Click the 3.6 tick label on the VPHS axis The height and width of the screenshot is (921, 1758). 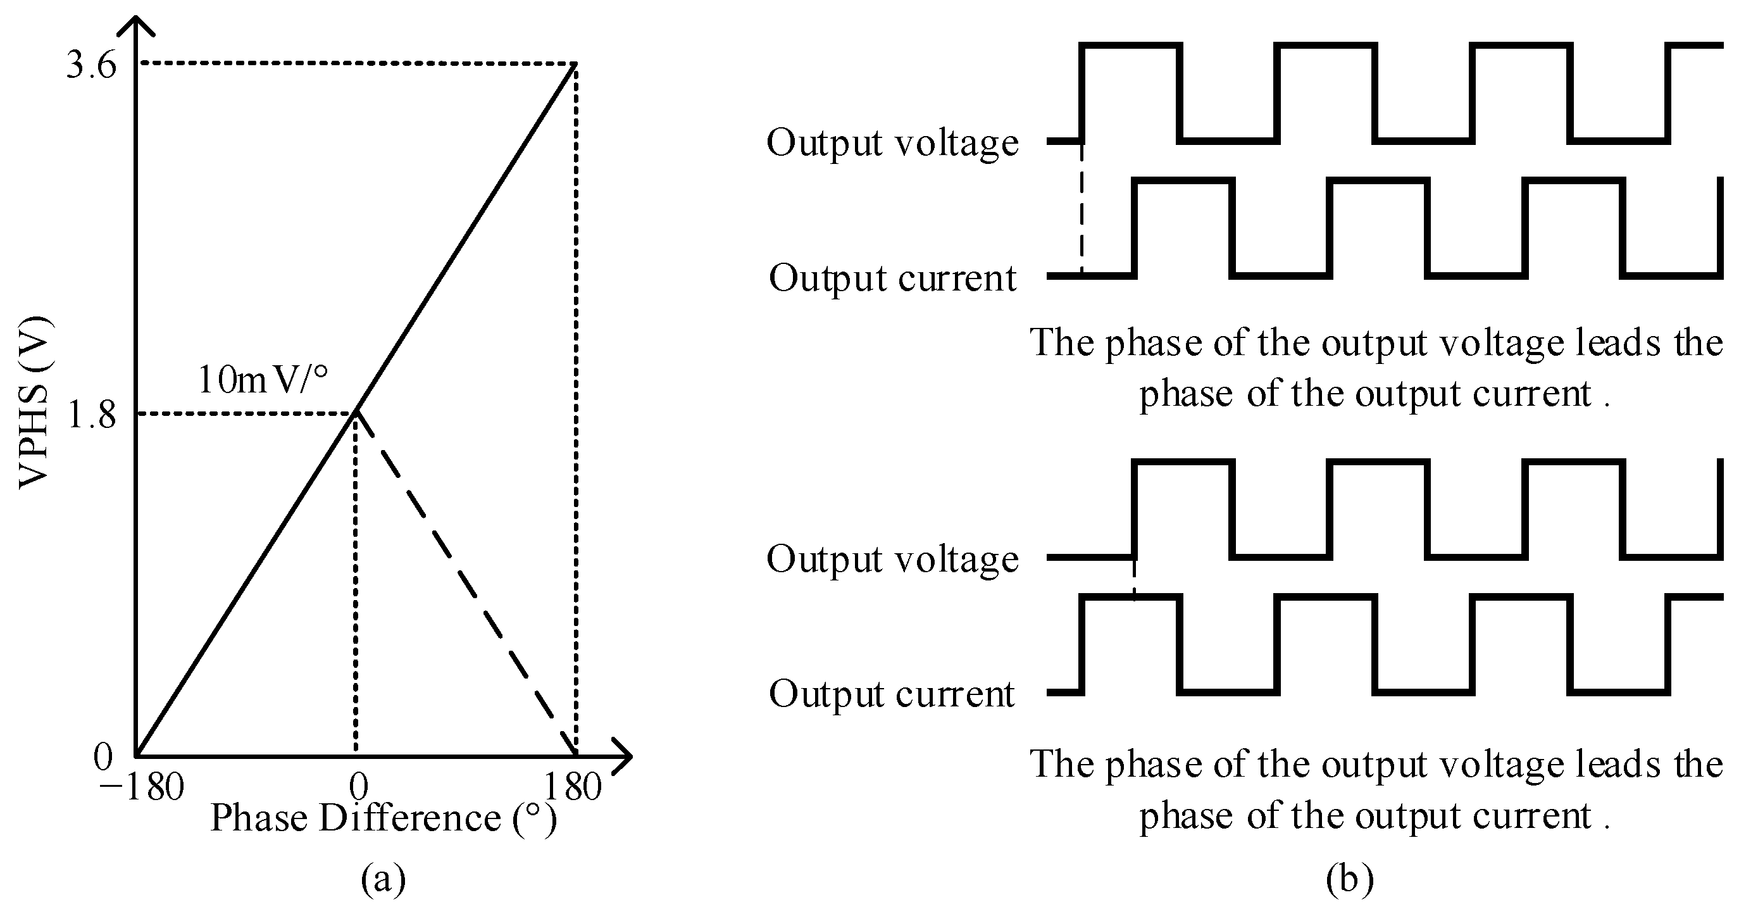coord(92,66)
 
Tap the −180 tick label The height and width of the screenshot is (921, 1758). coord(141,787)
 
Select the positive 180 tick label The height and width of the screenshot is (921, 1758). coord(572,787)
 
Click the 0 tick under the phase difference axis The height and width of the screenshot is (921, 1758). coord(358,787)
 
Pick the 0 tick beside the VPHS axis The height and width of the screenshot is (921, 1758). coord(103,757)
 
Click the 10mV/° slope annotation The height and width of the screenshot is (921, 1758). coord(263,380)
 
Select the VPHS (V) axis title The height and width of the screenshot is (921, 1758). coord(34,403)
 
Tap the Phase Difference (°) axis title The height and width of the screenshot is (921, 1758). coord(383,818)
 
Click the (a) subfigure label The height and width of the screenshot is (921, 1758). coord(383,880)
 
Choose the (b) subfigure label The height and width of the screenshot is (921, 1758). coord(1349,880)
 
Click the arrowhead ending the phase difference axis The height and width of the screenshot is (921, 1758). coord(623,756)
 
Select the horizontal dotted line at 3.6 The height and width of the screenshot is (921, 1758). coord(355,63)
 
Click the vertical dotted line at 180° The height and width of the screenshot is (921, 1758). coord(577,410)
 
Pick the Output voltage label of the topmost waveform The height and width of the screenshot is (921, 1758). coord(892,144)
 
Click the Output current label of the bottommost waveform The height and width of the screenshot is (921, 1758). coord(892,694)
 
